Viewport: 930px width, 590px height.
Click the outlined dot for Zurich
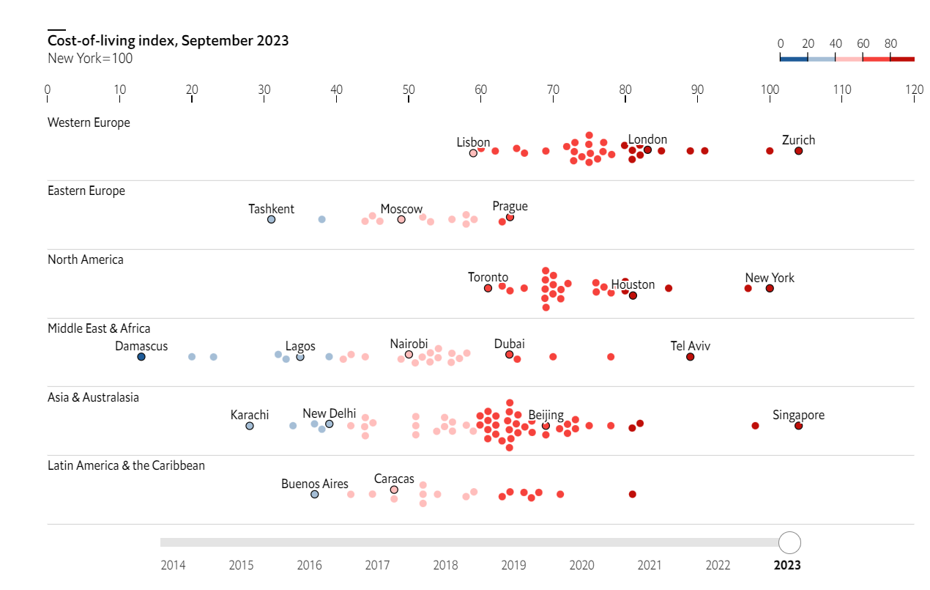798,151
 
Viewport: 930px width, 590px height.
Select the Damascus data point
141,357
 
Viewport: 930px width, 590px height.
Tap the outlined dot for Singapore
798,426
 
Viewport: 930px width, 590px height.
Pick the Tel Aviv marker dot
690,357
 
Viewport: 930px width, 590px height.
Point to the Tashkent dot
271,219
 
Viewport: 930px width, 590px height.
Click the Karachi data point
250,426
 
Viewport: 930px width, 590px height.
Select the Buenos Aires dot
315,494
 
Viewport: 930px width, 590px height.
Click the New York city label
770,278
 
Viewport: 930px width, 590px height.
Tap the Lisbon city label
473,142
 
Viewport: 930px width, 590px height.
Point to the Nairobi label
409,344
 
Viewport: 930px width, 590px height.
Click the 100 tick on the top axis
770,90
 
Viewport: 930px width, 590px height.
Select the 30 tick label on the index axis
264,90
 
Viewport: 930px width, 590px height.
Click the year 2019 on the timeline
513,565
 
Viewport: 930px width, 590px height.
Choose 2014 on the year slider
173,565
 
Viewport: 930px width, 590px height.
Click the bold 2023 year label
787,565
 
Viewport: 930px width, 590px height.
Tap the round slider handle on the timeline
789,542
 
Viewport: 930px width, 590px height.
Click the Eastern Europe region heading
86,191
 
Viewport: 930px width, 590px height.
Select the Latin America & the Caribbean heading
126,465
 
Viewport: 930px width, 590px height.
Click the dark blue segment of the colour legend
794,59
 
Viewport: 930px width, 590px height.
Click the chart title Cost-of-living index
168,40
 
